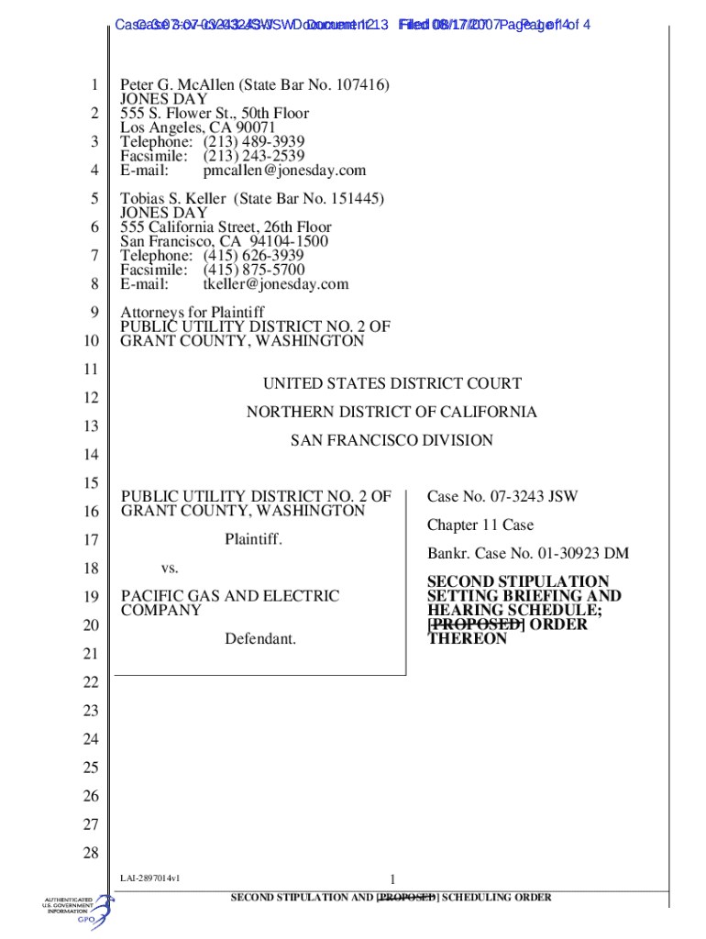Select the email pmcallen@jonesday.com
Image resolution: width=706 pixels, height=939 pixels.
(284, 171)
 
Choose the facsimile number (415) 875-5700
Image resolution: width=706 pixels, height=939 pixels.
(254, 271)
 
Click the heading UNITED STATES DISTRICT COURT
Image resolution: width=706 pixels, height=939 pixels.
(392, 383)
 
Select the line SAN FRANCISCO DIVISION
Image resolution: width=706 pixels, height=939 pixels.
(392, 440)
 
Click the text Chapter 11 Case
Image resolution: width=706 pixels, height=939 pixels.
(480, 525)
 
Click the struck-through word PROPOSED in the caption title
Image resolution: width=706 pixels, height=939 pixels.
(476, 624)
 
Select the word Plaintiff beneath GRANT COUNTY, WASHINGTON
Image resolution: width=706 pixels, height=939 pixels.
(253, 539)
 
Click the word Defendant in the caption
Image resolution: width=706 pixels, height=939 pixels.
(260, 638)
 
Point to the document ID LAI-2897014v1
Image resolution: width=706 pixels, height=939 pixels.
(149, 878)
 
